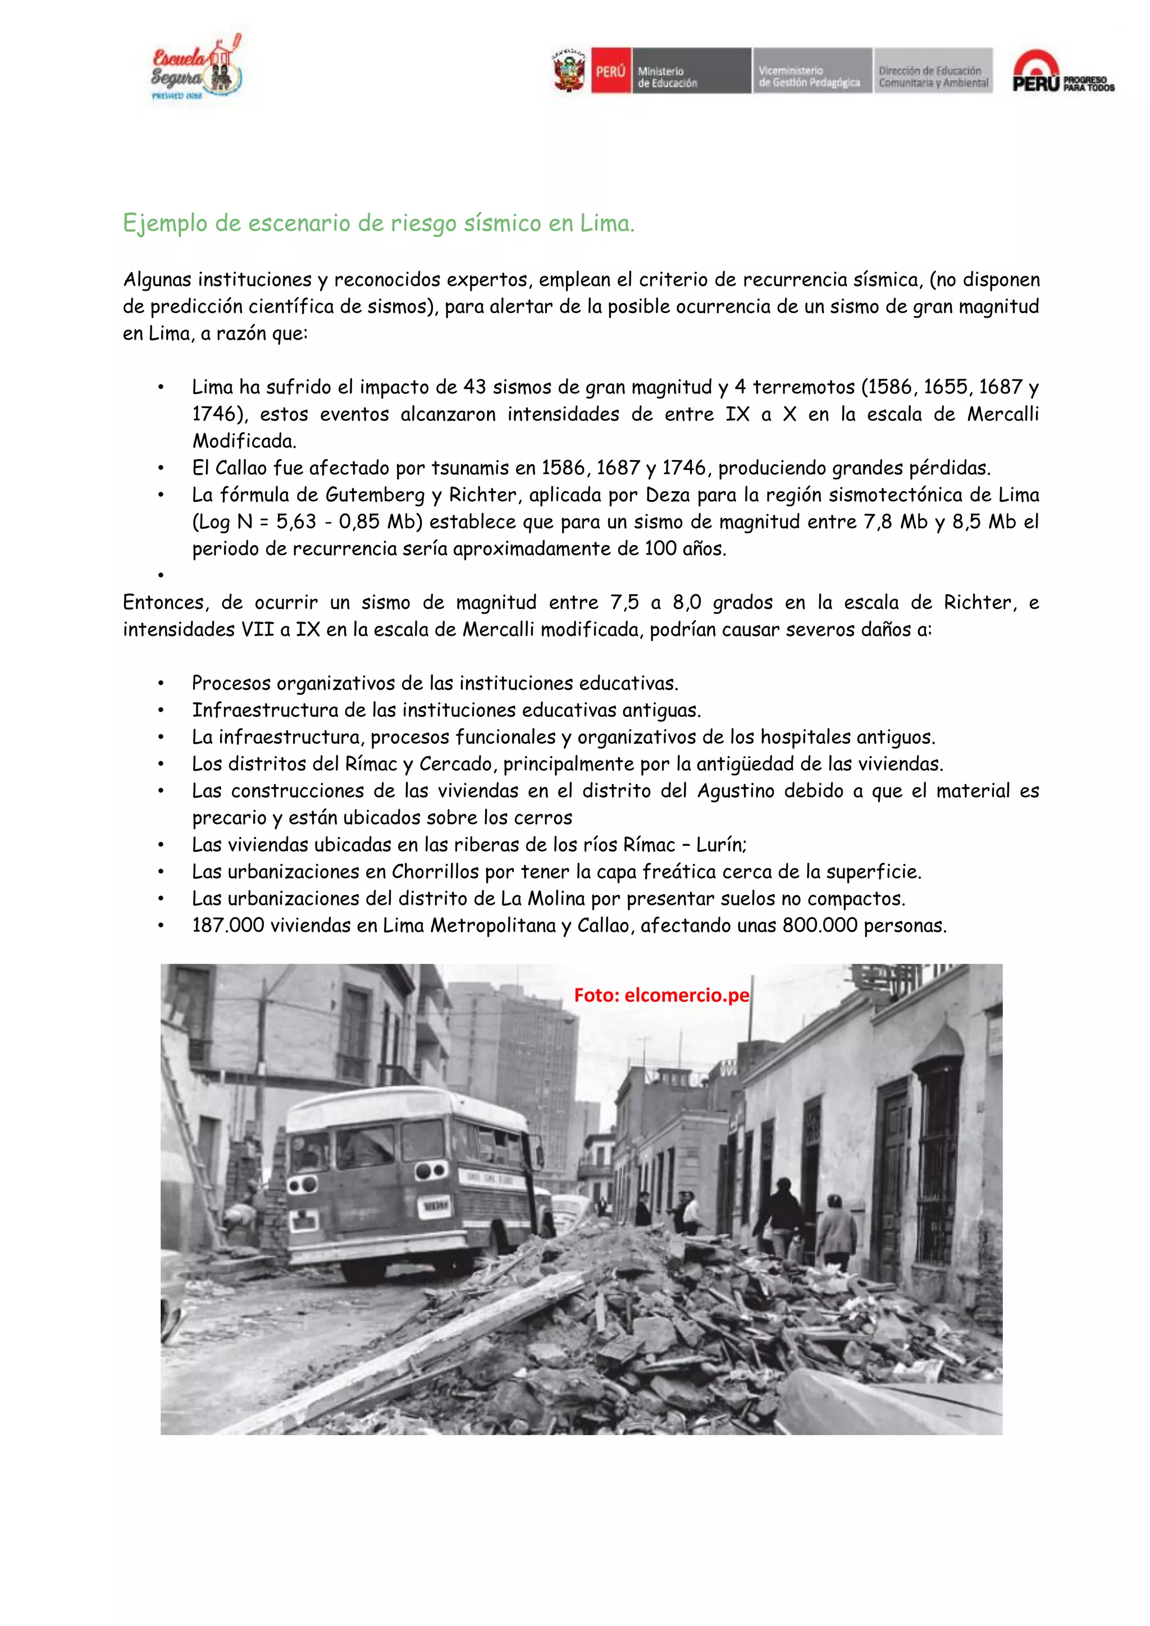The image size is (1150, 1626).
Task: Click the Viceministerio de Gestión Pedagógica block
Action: (811, 71)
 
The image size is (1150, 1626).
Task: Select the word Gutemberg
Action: (375, 495)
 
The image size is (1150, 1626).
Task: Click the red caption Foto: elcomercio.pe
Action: (660, 995)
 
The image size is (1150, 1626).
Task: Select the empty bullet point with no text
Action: (162, 576)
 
